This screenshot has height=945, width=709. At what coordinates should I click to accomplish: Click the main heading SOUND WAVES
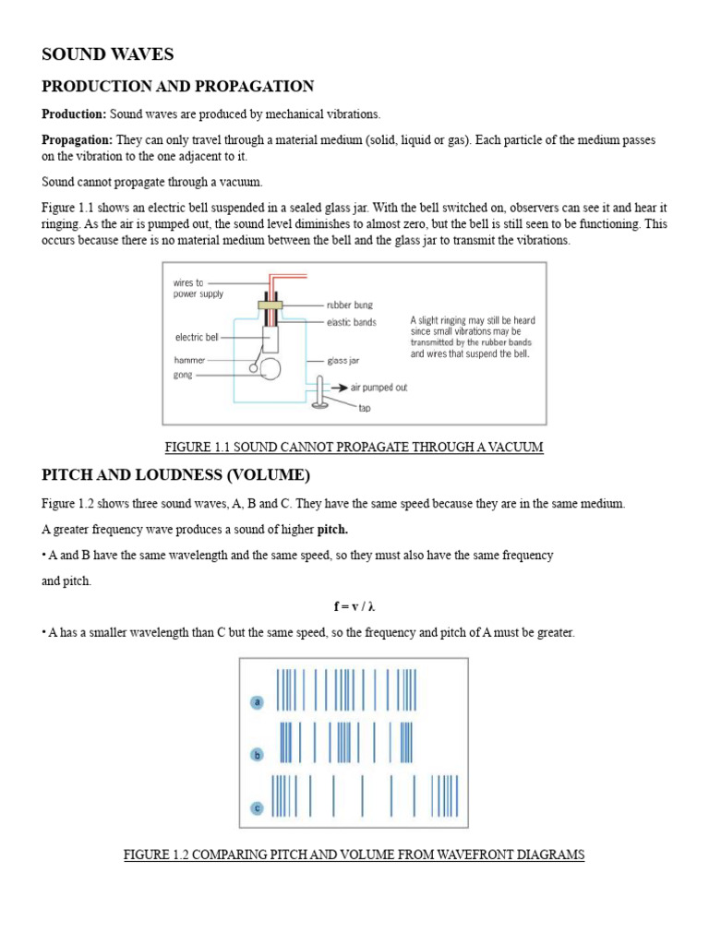point(108,54)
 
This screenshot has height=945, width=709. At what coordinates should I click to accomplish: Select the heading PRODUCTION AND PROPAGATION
point(177,87)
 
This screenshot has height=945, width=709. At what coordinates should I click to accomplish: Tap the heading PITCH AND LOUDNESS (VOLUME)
point(175,475)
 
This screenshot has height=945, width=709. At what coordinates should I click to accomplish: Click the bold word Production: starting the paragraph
point(74,114)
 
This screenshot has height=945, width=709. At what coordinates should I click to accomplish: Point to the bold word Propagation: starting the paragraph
point(77,140)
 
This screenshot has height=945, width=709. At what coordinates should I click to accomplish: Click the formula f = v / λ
point(354,606)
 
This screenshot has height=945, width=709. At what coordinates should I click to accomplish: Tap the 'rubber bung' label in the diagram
point(350,305)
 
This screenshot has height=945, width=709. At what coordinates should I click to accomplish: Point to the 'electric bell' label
point(197,338)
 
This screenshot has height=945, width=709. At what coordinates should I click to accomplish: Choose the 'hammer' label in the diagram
point(190,360)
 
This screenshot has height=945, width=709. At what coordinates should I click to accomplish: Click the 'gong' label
point(183,376)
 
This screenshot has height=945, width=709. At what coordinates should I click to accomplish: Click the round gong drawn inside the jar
point(271,369)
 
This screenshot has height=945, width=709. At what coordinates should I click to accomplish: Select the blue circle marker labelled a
point(258,702)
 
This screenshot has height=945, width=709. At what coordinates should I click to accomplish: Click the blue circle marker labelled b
point(258,755)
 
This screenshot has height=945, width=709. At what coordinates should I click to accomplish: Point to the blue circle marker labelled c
point(258,808)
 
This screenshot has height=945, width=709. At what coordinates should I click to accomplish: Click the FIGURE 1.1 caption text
point(354,448)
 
